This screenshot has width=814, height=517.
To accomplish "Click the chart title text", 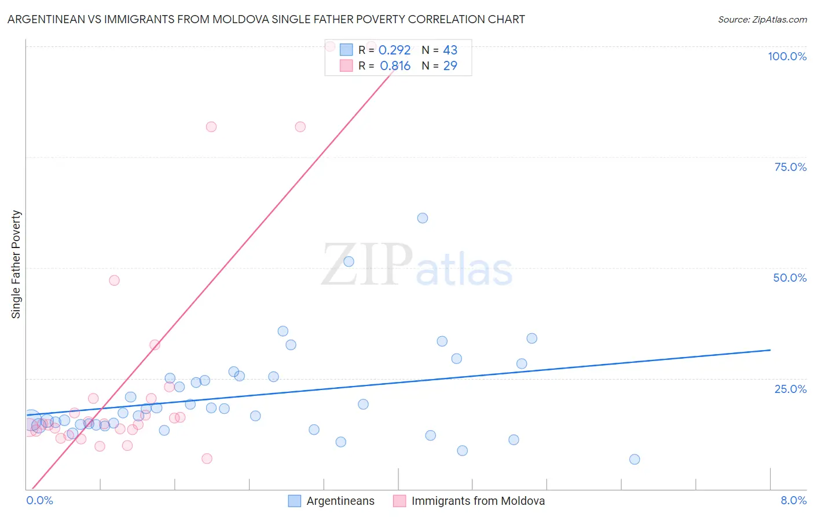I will click(x=266, y=19).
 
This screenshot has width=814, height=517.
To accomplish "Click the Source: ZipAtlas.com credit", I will click(x=762, y=19).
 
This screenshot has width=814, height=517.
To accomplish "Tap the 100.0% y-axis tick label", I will click(x=787, y=56).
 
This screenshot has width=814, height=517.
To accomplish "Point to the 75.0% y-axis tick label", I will click(x=790, y=167).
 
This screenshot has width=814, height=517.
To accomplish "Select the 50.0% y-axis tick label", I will click(x=790, y=278).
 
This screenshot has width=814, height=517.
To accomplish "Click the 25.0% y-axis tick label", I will click(x=790, y=389).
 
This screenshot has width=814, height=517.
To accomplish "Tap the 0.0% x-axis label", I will click(x=39, y=500).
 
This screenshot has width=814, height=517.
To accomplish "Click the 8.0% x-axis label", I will click(x=793, y=500).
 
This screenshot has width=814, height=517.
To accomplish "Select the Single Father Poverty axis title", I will click(x=16, y=264).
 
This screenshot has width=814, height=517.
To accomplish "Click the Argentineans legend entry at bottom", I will click(x=340, y=501).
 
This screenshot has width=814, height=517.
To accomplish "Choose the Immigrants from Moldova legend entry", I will click(x=478, y=501).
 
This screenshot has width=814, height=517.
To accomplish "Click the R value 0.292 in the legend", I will click(x=394, y=50).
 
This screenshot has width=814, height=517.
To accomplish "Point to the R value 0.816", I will click(x=395, y=66).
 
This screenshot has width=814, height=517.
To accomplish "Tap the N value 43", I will click(x=450, y=50).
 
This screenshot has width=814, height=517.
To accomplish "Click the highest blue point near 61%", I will click(x=423, y=218).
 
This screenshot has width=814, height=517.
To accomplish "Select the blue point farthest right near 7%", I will click(x=635, y=460).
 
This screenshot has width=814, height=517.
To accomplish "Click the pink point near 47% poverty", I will click(x=114, y=281).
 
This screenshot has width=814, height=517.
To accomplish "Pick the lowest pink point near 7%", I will click(x=207, y=458).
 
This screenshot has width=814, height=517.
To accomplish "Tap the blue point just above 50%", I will click(x=349, y=261).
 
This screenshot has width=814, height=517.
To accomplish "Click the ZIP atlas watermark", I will click(x=417, y=265).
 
